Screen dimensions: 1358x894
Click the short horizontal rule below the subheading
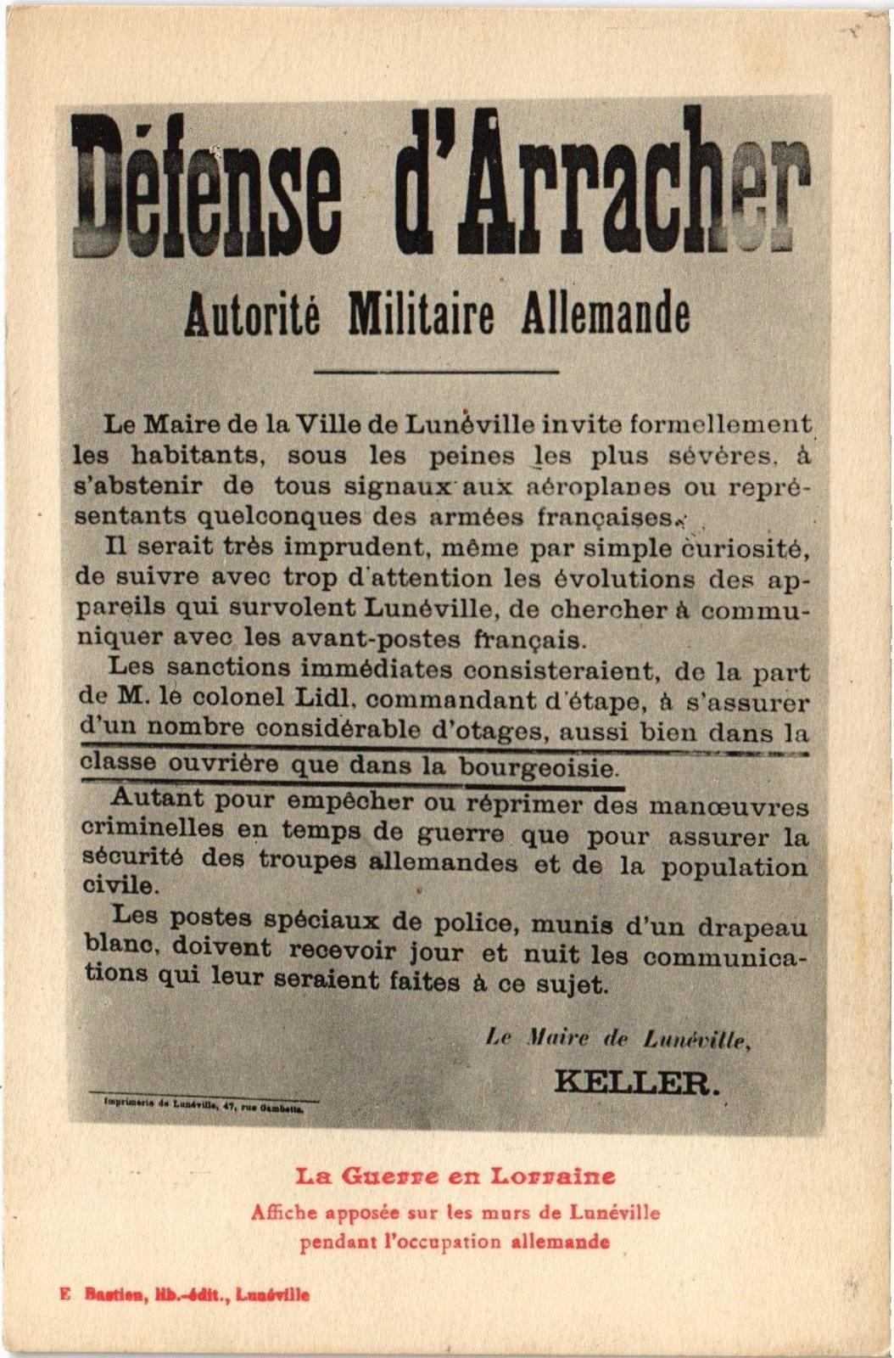436,371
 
